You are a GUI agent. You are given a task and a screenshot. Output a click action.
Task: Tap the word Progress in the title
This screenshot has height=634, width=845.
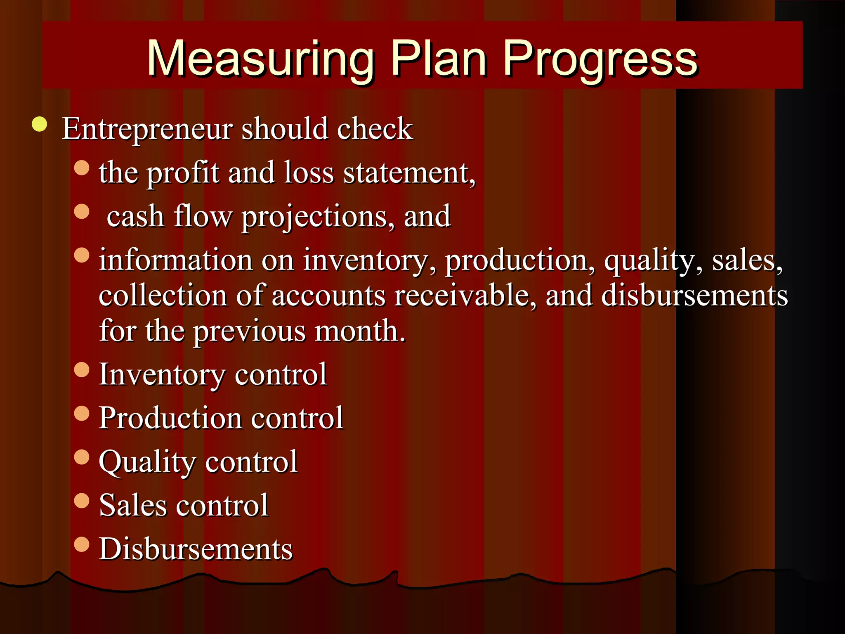pos(600,59)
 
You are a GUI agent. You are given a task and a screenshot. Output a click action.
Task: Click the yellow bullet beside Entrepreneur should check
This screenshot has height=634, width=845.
pos(40,124)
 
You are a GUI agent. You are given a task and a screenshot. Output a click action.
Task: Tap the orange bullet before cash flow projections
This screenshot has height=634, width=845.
pos(82,211)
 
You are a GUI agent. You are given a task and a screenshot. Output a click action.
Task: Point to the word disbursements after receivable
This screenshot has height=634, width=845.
pos(694,296)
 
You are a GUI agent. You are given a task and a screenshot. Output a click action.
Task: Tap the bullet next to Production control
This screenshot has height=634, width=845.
pos(82,413)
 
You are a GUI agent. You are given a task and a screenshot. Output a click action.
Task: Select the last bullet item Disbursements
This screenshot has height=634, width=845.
pos(196,549)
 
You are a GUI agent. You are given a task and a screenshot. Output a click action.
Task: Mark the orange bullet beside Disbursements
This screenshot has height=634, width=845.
pos(82,544)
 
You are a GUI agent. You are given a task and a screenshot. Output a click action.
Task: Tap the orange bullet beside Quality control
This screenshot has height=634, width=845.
pos(82,457)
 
